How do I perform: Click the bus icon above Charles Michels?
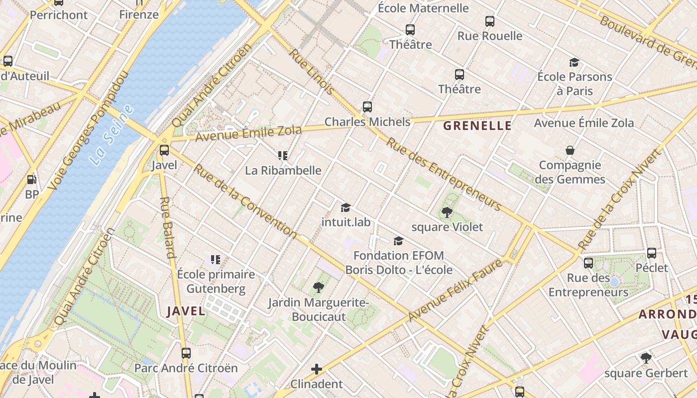[x=367, y=107]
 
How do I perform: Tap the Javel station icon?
[x=164, y=150]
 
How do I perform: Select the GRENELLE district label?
[x=477, y=125]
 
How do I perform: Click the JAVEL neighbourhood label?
[x=186, y=311]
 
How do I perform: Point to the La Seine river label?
[x=113, y=135]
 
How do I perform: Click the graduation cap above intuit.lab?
[x=346, y=207]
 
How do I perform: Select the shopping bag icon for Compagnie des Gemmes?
[x=570, y=150]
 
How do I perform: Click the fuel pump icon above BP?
[x=31, y=180]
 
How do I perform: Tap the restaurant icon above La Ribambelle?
[x=283, y=156]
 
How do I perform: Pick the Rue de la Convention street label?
[x=245, y=200]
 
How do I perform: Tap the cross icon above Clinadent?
[x=316, y=369]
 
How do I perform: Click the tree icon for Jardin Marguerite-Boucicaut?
[x=318, y=287]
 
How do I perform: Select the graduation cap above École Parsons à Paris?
[x=574, y=62]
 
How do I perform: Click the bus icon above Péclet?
[x=651, y=253]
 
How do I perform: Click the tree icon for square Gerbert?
[x=646, y=358]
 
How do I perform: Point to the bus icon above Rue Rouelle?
[x=490, y=21]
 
